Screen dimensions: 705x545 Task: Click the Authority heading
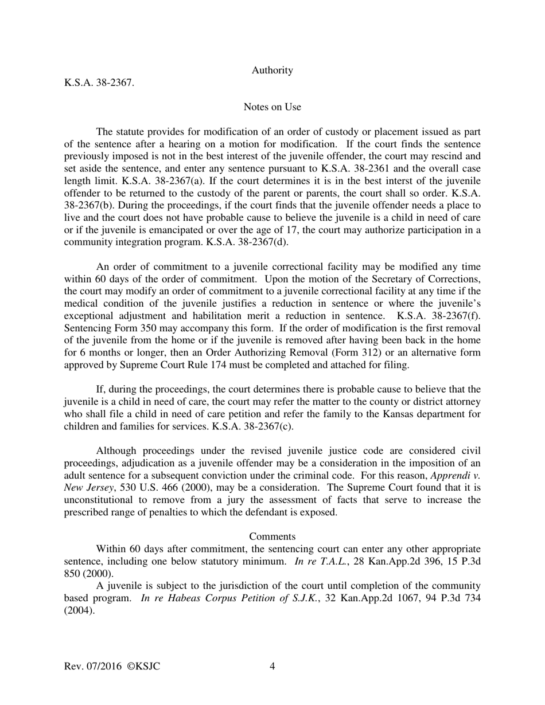point(272,70)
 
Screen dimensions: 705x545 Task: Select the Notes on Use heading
point(272,107)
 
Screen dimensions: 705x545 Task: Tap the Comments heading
point(272,536)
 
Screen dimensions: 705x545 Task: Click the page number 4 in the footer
point(272,667)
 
